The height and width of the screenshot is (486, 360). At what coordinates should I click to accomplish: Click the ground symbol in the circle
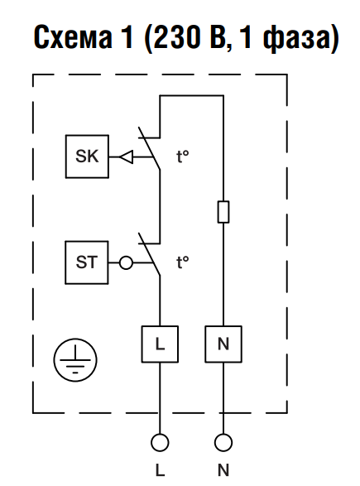click(75, 360)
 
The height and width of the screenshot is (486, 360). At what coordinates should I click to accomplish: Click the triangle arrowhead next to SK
click(127, 156)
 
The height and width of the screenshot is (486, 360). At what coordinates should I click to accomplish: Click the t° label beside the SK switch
click(183, 156)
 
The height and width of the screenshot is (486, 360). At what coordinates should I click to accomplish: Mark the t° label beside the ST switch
click(183, 262)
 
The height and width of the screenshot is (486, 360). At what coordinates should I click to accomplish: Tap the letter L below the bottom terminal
click(160, 470)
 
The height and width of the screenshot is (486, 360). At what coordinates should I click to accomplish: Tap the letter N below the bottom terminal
click(223, 470)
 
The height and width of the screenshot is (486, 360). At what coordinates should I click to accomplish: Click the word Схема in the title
click(73, 36)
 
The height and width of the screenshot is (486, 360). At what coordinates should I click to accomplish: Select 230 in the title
click(177, 36)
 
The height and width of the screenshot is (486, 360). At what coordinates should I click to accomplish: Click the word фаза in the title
click(296, 38)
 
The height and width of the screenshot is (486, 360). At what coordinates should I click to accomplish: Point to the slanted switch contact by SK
click(149, 148)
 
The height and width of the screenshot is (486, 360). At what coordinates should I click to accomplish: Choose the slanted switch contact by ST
click(149, 254)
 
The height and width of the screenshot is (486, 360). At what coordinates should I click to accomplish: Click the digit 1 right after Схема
click(127, 36)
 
